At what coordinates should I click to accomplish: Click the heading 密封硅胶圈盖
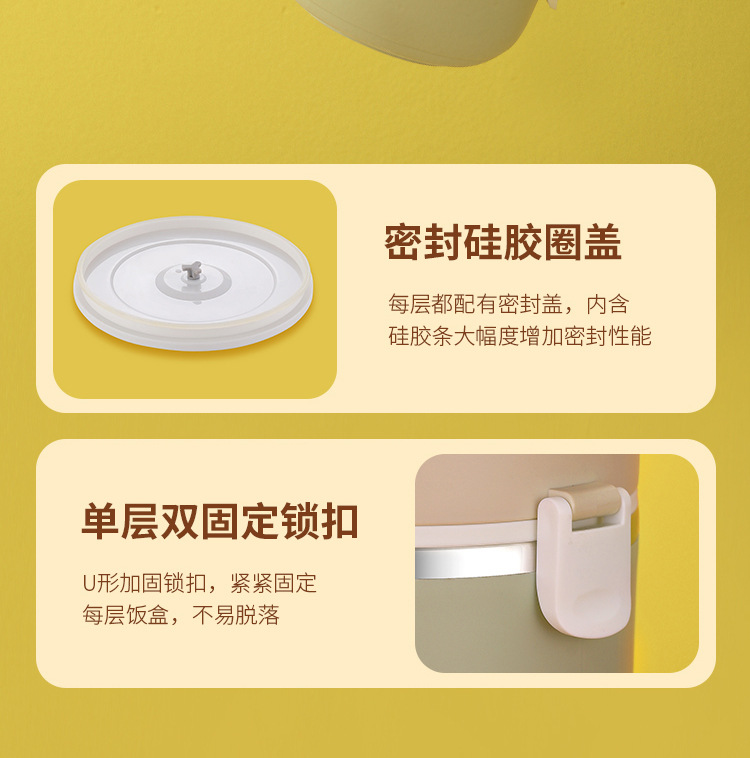coord(503,243)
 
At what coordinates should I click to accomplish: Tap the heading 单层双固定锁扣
coord(219,522)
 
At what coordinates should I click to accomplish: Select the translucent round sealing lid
coord(193,282)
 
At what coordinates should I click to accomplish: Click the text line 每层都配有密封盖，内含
coord(508,304)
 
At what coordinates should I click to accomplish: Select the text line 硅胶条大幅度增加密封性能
coord(519,336)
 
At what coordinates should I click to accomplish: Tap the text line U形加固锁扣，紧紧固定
coord(199,583)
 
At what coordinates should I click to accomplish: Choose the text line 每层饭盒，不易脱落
coord(180,615)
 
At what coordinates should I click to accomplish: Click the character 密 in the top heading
coord(404,243)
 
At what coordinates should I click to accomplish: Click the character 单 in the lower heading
coord(100,522)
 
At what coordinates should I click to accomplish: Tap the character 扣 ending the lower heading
coord(339,522)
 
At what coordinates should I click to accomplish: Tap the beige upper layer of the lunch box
coord(470,495)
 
